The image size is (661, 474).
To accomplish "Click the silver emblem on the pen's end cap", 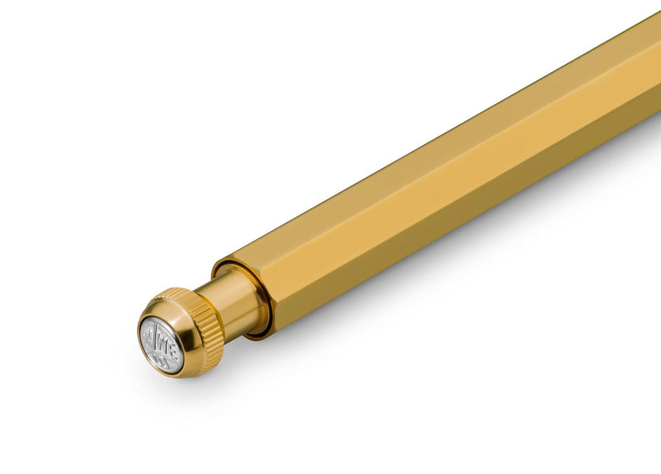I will [162, 345].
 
